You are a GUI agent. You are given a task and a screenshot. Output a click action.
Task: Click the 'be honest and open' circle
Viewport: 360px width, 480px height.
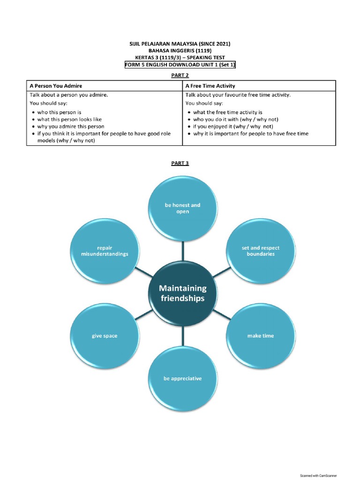click(182, 208)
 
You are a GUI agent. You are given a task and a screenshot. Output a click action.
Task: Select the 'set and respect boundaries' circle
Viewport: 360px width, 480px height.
click(261, 251)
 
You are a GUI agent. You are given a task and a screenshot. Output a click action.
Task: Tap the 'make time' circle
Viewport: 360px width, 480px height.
click(261, 336)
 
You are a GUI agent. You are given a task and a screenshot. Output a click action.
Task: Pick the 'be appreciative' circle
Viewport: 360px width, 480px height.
click(182, 378)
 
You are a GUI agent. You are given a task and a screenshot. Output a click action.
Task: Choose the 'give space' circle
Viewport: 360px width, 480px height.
click(105, 336)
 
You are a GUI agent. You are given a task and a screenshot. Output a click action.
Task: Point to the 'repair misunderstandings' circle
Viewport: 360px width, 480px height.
click(105, 251)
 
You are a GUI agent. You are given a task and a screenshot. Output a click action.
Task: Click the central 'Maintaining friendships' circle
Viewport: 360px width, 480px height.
click(182, 293)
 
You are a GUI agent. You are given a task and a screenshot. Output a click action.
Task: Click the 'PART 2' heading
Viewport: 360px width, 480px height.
click(180, 75)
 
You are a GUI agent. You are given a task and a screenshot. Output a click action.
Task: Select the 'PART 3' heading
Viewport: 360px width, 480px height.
click(180, 163)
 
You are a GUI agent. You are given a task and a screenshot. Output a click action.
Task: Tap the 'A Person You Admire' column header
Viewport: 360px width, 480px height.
click(56, 86)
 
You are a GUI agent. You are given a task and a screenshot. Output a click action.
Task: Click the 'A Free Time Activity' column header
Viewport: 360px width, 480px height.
click(210, 86)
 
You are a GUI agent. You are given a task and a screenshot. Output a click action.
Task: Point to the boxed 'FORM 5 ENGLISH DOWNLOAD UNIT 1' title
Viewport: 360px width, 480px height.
click(180, 65)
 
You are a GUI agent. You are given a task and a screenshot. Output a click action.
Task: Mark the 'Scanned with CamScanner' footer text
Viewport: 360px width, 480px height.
click(318, 475)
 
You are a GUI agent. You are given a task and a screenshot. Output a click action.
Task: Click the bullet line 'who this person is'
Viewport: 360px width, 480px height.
click(59, 112)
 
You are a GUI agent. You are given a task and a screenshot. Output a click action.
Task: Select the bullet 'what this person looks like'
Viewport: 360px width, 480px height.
click(69, 120)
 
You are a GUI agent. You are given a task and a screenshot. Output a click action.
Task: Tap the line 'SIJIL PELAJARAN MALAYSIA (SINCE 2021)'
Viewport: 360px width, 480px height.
click(180, 44)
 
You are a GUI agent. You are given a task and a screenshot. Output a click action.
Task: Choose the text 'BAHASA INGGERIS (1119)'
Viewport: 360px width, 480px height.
click(180, 51)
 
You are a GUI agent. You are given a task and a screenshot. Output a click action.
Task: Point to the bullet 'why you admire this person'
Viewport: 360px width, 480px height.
click(71, 127)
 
